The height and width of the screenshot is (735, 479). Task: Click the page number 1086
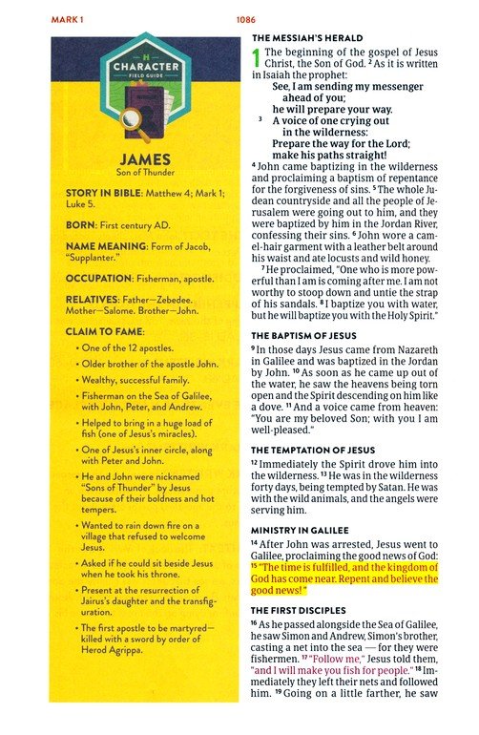click(x=245, y=18)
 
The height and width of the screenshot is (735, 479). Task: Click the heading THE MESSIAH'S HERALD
click(x=306, y=37)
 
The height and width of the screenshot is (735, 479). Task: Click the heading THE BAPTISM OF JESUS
click(x=303, y=337)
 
